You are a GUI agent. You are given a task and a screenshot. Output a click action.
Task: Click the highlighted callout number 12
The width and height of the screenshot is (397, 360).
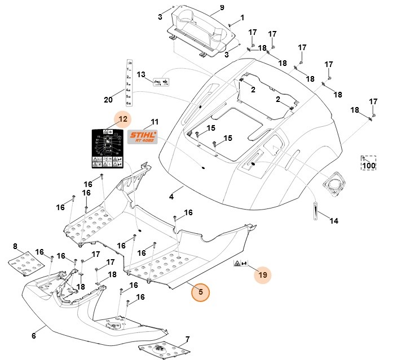pos(123,119)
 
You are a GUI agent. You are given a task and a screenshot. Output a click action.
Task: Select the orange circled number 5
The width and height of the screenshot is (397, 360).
pos(200,293)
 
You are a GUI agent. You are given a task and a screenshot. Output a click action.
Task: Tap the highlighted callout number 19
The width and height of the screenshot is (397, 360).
pos(262,275)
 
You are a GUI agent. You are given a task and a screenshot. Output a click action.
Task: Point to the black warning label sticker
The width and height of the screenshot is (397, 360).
pos(109,149)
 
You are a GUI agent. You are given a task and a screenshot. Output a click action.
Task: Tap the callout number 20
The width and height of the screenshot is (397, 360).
pos(108,100)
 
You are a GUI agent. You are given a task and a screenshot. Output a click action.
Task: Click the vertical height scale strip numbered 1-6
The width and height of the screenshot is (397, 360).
pos(129,83)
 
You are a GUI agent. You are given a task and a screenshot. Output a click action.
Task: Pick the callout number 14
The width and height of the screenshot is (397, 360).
pos(334,221)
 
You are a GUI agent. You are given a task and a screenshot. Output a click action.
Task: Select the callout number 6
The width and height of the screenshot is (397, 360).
pos(33,335)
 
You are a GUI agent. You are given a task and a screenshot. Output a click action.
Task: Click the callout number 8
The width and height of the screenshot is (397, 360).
pos(15,246)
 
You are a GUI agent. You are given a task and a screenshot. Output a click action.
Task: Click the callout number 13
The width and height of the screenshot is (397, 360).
pos(141,74)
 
